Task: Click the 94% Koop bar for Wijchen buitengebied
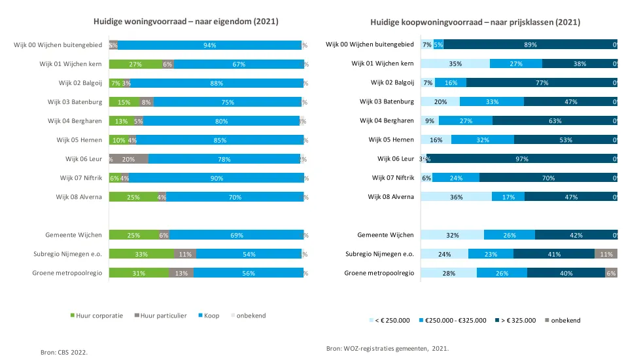[x=209, y=45]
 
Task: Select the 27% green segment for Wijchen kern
[x=135, y=64]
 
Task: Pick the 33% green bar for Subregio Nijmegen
[x=141, y=254]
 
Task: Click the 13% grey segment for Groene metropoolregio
[x=181, y=273]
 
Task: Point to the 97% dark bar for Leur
[x=521, y=159]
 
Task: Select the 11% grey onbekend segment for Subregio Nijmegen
[x=606, y=254]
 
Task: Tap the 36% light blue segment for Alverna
[x=455, y=197]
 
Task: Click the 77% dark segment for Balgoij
[x=542, y=83]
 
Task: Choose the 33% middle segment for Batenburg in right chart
[x=491, y=102]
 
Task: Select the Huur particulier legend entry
[x=160, y=315]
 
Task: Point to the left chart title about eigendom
[x=186, y=22]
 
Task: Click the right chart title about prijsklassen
[x=476, y=22]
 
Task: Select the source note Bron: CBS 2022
[x=64, y=351]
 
